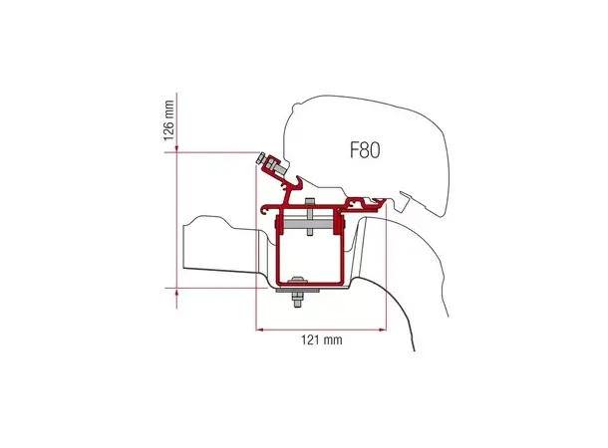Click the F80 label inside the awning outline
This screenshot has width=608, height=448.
point(367,150)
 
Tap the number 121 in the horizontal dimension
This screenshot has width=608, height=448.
point(312,339)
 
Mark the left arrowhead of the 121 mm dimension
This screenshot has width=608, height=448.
point(261,328)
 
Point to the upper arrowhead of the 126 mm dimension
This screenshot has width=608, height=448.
point(177,154)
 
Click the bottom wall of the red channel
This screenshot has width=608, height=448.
point(311,281)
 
